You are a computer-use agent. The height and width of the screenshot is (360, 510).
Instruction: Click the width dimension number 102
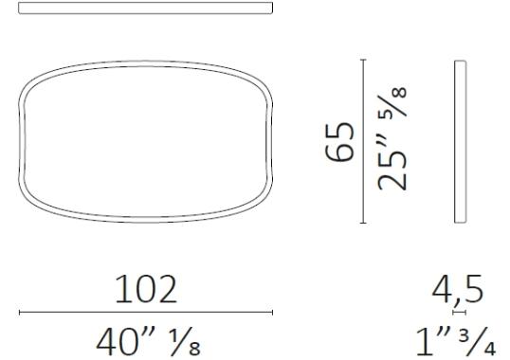tap(146, 289)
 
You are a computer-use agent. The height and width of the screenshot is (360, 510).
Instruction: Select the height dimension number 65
tap(339, 142)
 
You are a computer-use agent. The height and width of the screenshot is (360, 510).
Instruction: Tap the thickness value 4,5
tap(458, 291)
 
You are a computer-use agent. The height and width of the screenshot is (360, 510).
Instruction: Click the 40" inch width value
tap(126, 342)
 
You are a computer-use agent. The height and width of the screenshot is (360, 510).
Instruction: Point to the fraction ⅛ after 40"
tap(186, 342)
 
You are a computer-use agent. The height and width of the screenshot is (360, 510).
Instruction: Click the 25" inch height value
tap(392, 163)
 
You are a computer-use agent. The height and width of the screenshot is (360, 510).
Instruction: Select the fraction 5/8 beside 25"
tap(392, 101)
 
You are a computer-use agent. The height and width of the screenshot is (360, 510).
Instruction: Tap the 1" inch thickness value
tap(433, 342)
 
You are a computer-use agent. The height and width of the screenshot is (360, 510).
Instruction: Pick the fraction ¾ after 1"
tap(478, 342)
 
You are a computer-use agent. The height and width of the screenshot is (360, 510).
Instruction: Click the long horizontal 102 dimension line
tap(146, 313)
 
